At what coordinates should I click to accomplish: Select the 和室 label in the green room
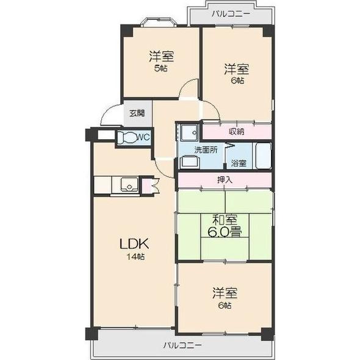(225, 220)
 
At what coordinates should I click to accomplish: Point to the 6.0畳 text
(225, 232)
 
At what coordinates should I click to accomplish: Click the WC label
(142, 137)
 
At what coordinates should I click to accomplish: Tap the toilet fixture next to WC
(127, 137)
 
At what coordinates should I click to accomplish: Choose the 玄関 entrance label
(137, 113)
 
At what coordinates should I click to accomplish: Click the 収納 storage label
(237, 131)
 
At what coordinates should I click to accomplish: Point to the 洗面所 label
(205, 149)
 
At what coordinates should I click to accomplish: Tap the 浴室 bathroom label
(239, 163)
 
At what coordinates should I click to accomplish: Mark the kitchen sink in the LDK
(129, 185)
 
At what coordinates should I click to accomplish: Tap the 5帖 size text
(161, 68)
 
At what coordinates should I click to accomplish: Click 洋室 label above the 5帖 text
(161, 57)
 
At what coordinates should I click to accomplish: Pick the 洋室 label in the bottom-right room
(225, 293)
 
